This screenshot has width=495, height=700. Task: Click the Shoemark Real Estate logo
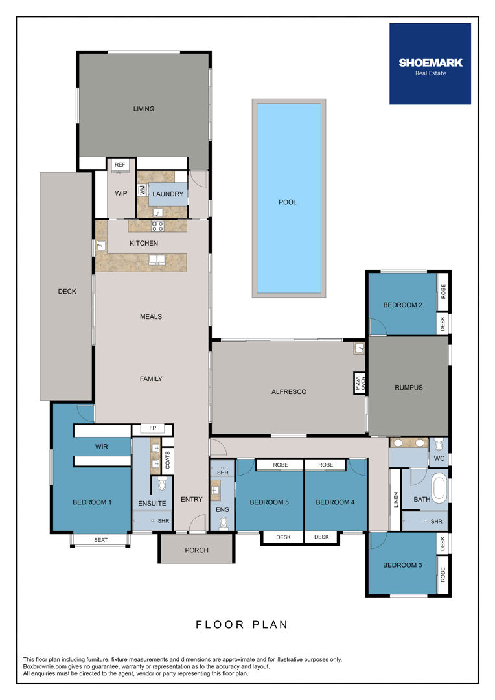pyautogui.click(x=430, y=64)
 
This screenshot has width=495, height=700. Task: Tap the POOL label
pyautogui.click(x=288, y=202)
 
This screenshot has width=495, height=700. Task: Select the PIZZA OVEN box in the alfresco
pyautogui.click(x=360, y=384)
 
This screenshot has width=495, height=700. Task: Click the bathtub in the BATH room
pyautogui.click(x=438, y=489)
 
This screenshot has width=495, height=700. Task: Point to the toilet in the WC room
pyautogui.click(x=439, y=445)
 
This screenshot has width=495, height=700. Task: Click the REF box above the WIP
pyautogui.click(x=120, y=164)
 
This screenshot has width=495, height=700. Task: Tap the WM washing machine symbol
pyautogui.click(x=142, y=190)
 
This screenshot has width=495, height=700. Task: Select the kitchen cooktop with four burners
pyautogui.click(x=157, y=226)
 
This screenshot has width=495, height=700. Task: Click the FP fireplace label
pyautogui.click(x=153, y=428)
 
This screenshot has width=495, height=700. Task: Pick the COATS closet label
pyautogui.click(x=167, y=460)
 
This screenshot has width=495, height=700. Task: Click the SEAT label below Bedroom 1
pyautogui.click(x=101, y=540)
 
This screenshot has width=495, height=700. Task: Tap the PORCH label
pyautogui.click(x=196, y=550)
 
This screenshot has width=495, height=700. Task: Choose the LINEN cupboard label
pyautogui.click(x=395, y=500)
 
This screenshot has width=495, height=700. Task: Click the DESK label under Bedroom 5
pyautogui.click(x=283, y=537)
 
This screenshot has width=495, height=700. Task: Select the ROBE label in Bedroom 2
pyautogui.click(x=443, y=292)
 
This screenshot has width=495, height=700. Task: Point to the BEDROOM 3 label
pyautogui.click(x=402, y=565)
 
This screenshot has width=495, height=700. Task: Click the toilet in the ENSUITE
pyautogui.click(x=161, y=484)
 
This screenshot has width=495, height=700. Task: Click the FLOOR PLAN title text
pyautogui.click(x=242, y=625)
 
